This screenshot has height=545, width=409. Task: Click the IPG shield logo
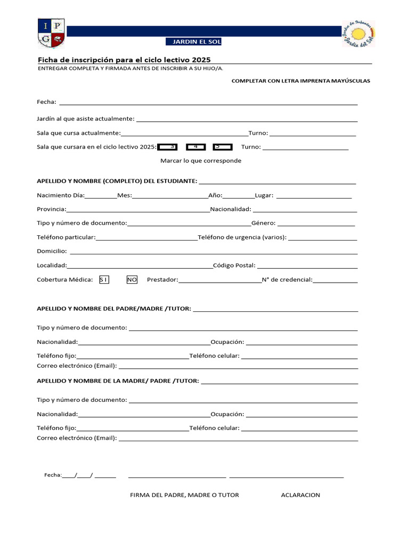click(51, 33)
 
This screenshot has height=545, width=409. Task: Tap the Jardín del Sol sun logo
click(358, 34)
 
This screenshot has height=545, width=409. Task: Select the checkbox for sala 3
click(168, 147)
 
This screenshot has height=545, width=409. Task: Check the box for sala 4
click(195, 147)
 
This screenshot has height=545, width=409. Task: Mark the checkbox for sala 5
click(222, 147)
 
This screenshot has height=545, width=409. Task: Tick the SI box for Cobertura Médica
click(104, 279)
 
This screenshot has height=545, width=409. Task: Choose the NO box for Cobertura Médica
click(132, 279)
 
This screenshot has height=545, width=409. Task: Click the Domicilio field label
click(52, 251)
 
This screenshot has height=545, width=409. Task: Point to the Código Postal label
click(234, 265)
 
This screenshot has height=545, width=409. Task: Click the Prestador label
click(162, 279)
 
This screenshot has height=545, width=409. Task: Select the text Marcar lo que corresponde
click(201, 161)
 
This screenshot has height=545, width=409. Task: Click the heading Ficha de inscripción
click(127, 60)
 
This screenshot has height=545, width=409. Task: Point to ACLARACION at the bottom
click(300, 495)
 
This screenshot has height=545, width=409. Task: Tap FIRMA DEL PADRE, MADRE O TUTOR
click(184, 495)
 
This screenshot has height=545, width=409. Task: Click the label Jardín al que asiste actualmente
click(85, 119)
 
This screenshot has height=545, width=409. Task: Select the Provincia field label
click(52, 209)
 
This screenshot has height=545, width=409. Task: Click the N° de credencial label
click(287, 279)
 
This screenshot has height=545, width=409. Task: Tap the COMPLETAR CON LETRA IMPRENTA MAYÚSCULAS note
click(300, 81)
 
